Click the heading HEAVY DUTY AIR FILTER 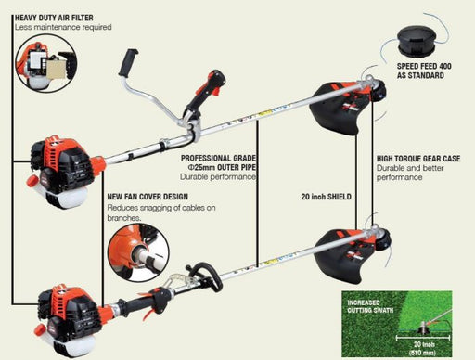54,18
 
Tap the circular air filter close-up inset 46,64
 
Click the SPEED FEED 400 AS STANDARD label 424,71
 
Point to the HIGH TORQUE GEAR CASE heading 418,159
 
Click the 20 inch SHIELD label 327,197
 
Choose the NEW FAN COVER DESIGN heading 148,197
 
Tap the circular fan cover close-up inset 138,252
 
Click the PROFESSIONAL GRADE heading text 218,158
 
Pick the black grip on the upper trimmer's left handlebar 128,62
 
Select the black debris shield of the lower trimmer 340,256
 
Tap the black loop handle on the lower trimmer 205,276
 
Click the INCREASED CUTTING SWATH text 370,306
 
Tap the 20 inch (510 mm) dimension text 424,348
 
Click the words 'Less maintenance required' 63,27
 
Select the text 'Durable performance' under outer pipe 218,177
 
